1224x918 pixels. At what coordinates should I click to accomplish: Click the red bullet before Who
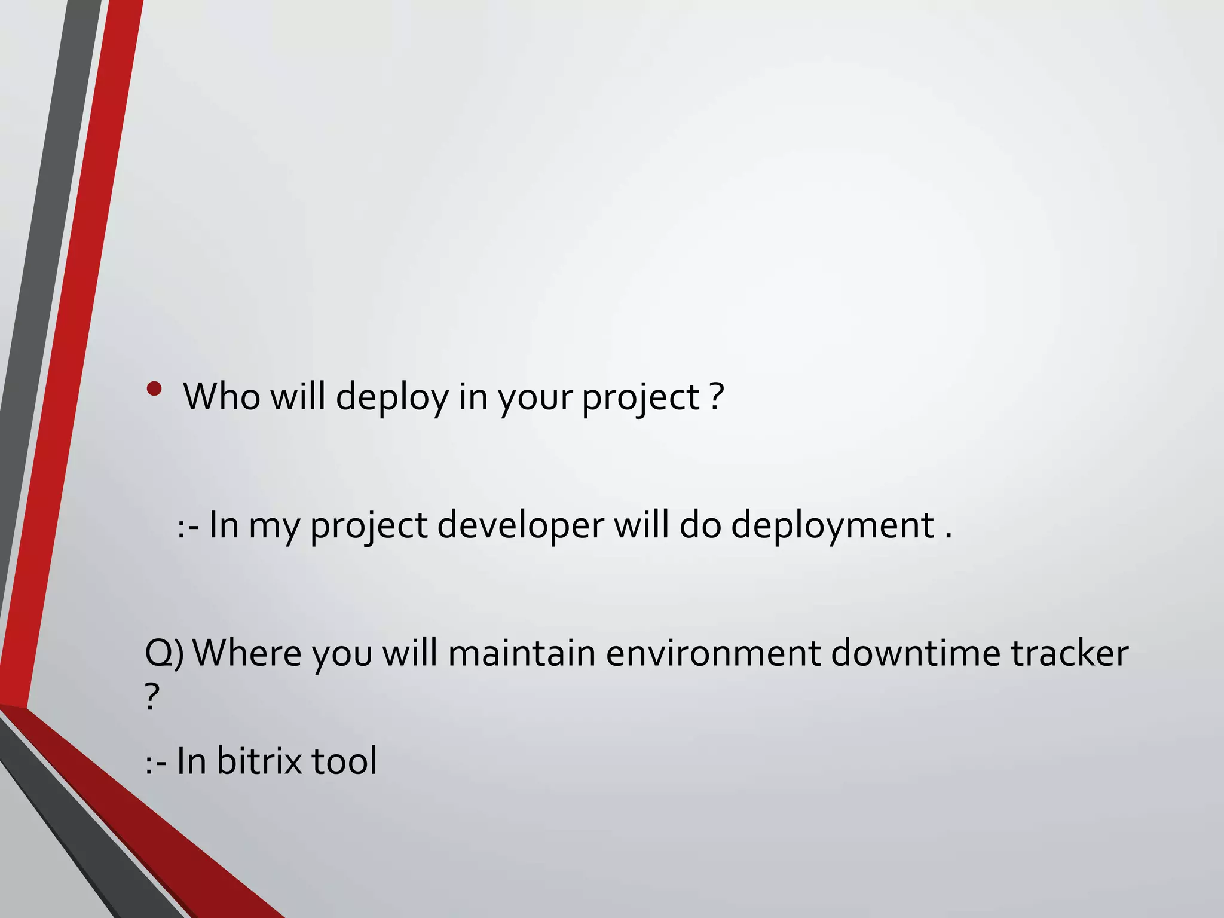154,390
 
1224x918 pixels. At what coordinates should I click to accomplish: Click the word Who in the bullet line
222,396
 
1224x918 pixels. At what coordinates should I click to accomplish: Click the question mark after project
717,396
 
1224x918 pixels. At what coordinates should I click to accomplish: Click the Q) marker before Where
164,653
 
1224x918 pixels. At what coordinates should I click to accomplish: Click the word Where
247,653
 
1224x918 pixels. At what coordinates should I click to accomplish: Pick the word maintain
521,653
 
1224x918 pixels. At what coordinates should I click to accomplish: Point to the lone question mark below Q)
152,697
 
